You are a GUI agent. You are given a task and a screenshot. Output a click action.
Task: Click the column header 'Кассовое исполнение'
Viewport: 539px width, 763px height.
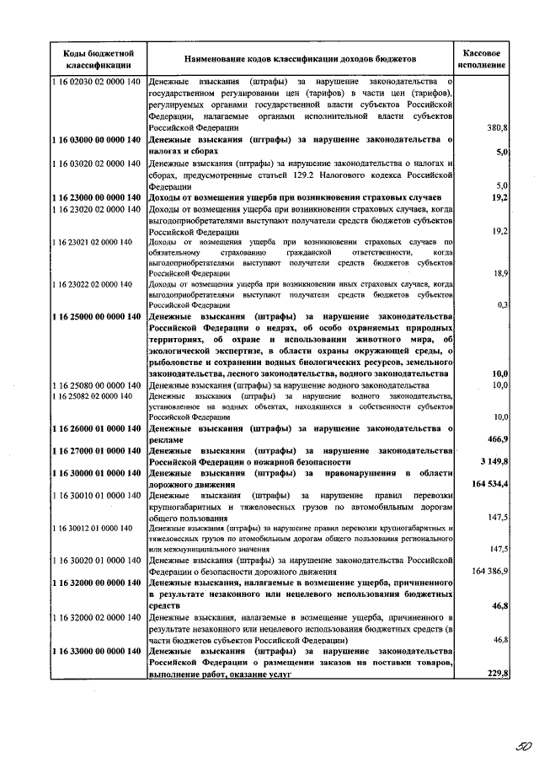(x=483, y=58)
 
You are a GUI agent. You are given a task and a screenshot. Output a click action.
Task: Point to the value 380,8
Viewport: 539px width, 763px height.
(x=497, y=127)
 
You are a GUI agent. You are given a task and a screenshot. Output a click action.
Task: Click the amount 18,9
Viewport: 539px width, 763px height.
(x=499, y=273)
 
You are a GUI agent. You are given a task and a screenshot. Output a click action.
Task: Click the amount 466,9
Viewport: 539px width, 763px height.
(x=496, y=439)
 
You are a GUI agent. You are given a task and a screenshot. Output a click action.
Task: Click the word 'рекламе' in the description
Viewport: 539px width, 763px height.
(x=166, y=439)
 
